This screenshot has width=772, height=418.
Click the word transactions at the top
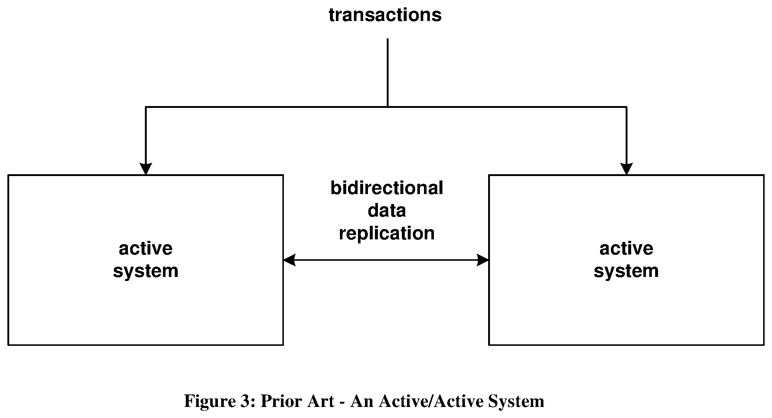[x=385, y=15]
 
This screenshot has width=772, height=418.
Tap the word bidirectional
[x=387, y=188]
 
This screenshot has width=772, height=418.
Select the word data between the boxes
[x=387, y=210]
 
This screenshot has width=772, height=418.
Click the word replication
[x=387, y=233]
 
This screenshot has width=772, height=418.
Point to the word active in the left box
[x=146, y=248]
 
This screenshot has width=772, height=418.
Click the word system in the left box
[x=146, y=271]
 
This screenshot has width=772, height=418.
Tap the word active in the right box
[x=626, y=248]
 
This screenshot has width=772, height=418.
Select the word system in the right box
[x=626, y=271]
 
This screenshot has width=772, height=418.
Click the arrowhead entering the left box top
[x=146, y=169]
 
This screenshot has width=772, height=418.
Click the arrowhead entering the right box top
[x=627, y=169]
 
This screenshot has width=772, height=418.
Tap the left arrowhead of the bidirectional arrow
[x=289, y=260]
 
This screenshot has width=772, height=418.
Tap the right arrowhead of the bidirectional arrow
[x=483, y=260]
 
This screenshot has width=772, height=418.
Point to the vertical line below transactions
[x=387, y=73]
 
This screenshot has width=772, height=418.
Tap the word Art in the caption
[x=322, y=401]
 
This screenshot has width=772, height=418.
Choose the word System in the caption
[x=516, y=401]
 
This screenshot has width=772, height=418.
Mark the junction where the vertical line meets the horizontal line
[x=387, y=107]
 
